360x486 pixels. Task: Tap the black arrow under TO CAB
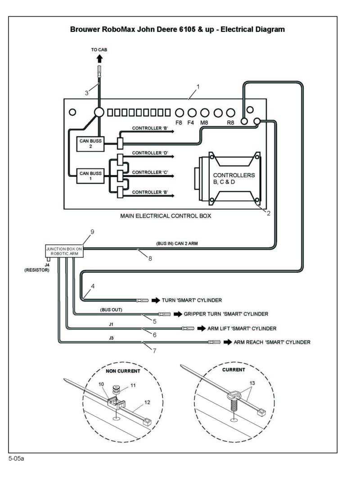tap(99, 58)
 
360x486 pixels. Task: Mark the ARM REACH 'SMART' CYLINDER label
tap(272, 342)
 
